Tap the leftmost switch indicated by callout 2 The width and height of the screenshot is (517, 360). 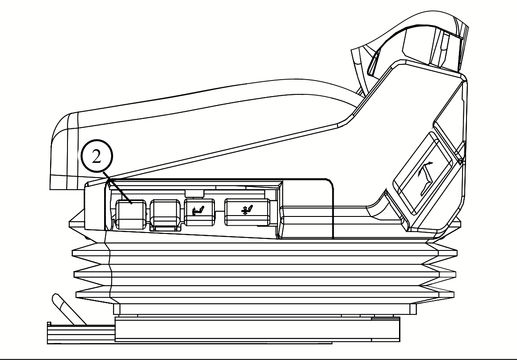[x=130, y=214]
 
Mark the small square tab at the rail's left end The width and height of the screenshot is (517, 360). [x=50, y=323]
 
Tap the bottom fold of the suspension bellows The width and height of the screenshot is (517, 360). [x=264, y=293]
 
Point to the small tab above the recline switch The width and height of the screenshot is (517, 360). [x=194, y=193]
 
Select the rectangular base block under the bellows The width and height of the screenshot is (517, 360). [x=257, y=329]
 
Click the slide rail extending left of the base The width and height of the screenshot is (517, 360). [x=80, y=333]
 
